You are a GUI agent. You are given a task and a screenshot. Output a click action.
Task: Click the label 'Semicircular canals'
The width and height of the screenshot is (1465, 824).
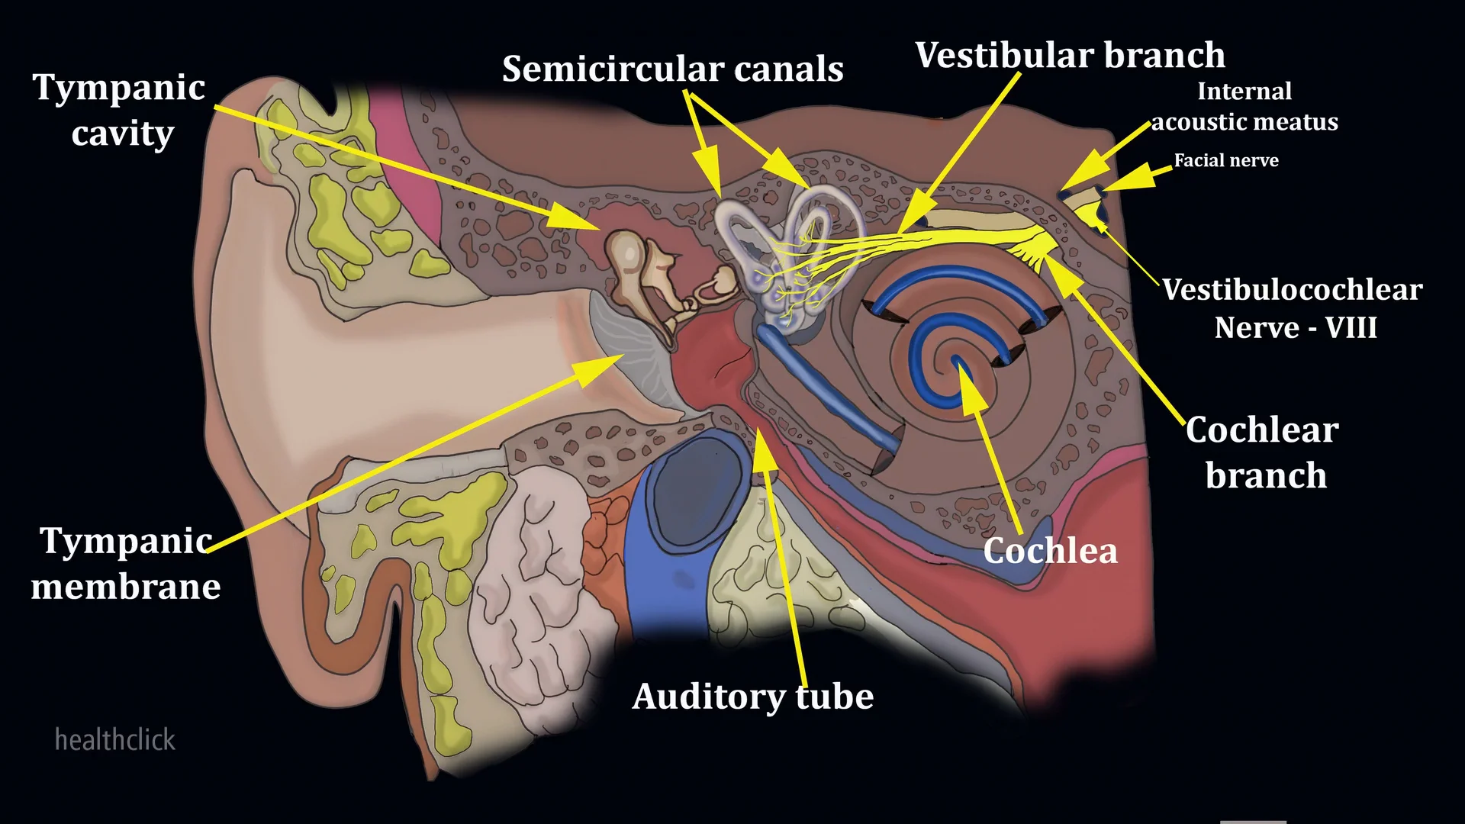coord(672,69)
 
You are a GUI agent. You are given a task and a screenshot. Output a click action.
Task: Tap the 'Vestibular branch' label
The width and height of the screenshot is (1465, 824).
coord(1070,55)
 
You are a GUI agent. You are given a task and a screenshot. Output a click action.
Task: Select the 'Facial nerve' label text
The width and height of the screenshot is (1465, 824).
coord(1226,160)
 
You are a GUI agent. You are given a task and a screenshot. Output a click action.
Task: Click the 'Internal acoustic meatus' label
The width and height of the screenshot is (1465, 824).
coord(1244,106)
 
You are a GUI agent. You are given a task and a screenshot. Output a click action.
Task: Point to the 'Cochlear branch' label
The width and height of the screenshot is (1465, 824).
coord(1263,452)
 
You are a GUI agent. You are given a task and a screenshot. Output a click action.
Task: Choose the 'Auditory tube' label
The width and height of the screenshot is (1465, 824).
coord(753,696)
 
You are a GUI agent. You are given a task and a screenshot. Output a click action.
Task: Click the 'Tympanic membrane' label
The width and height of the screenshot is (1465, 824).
coord(126,563)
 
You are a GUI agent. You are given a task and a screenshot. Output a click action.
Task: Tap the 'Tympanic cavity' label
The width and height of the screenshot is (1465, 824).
coord(120,111)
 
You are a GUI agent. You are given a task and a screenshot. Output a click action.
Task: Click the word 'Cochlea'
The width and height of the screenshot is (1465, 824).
coord(1050,550)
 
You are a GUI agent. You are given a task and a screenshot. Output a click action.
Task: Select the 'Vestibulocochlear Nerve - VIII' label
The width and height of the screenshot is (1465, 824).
coord(1293,308)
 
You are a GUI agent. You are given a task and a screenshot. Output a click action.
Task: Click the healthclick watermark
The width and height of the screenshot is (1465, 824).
coord(115,739)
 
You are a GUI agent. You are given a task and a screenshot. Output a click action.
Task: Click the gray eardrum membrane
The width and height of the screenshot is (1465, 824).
coord(629,343)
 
